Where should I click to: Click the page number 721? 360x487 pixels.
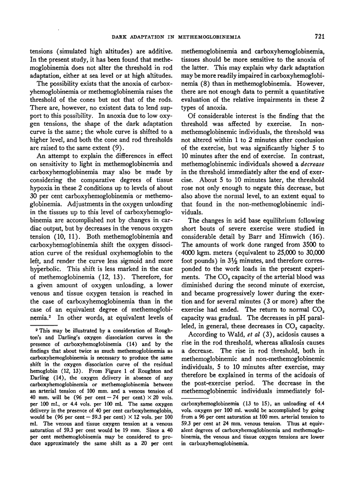tap(320, 37)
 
